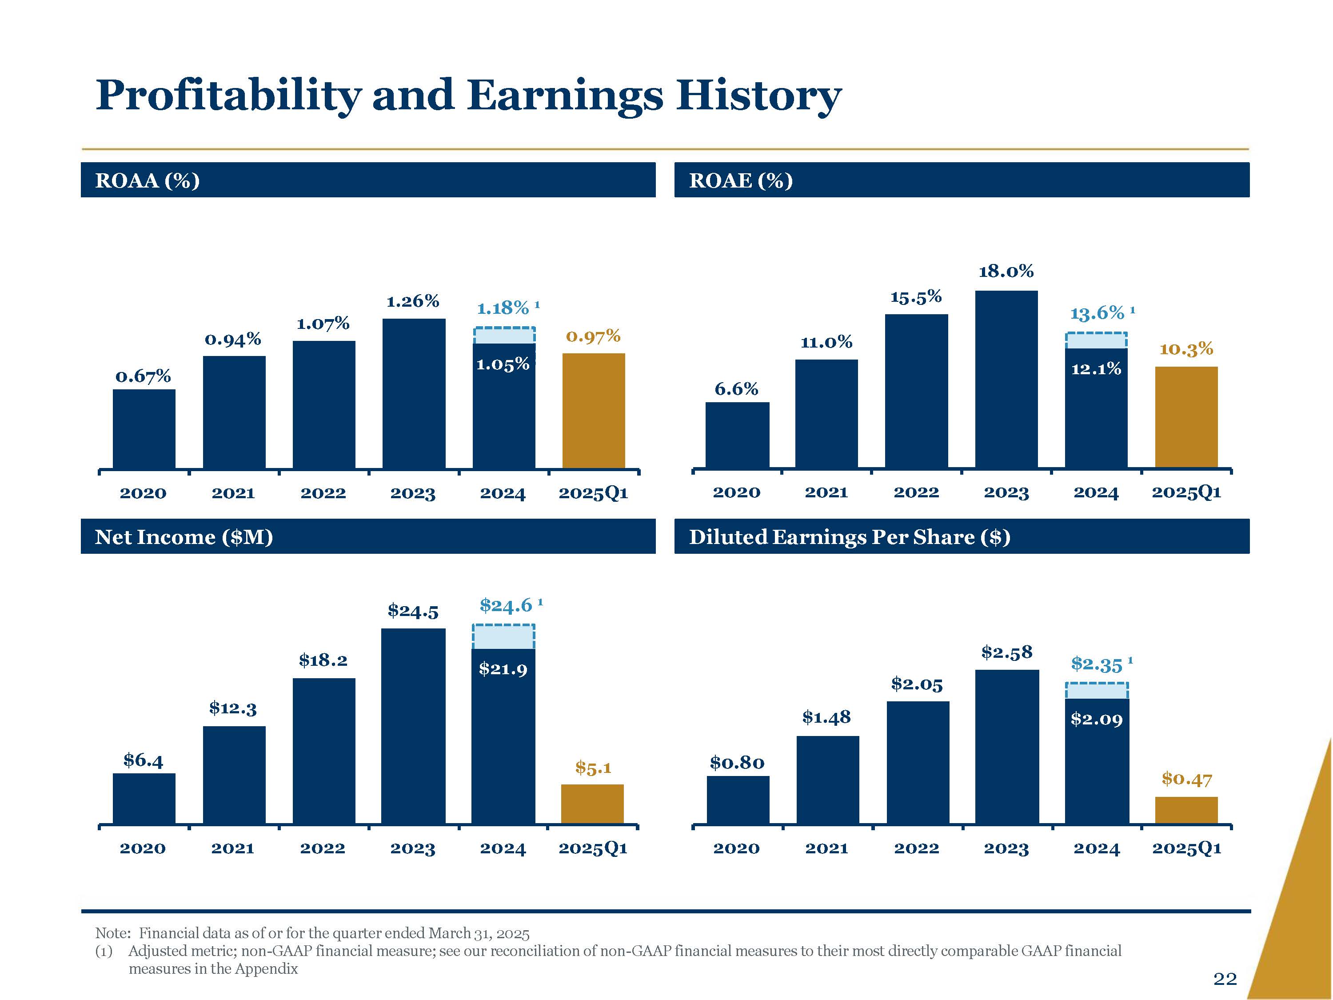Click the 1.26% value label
tap(413, 301)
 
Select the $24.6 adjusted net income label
tap(506, 605)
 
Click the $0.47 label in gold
tap(1186, 780)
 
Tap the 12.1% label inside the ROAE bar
tap(1096, 369)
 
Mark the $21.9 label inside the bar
tap(503, 668)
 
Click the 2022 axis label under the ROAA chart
tap(323, 493)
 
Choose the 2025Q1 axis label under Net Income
tap(593, 848)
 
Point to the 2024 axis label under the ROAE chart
tap(1096, 492)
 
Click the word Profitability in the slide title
tap(229, 95)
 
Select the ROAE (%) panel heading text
tap(741, 180)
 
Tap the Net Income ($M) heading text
tap(184, 536)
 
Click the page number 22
tap(1225, 978)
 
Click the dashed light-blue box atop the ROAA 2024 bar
tap(504, 335)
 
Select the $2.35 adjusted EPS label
tap(1097, 664)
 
